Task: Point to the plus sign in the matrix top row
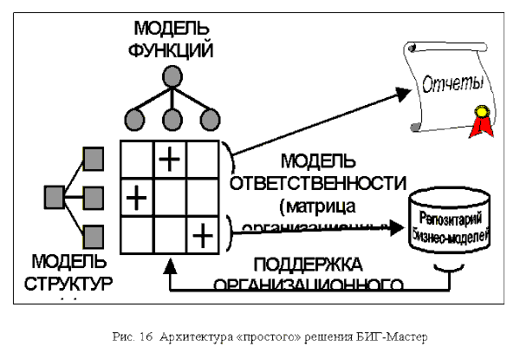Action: [170, 158]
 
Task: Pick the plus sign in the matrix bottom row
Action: [202, 232]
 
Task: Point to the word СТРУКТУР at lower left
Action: [68, 284]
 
